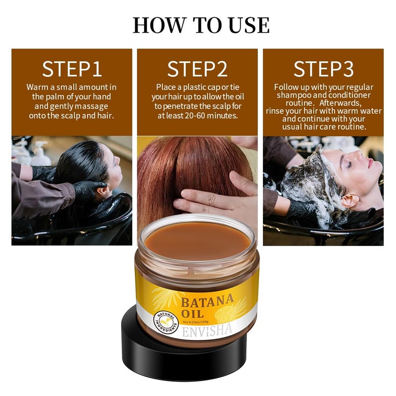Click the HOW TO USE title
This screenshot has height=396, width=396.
(x=201, y=25)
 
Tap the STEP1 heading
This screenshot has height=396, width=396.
(x=72, y=69)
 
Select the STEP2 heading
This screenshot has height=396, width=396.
(x=197, y=69)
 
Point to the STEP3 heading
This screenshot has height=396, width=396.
(x=324, y=69)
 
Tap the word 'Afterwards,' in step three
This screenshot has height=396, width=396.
(x=341, y=103)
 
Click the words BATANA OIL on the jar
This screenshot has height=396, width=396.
(x=206, y=306)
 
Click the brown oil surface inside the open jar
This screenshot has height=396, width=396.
(x=198, y=241)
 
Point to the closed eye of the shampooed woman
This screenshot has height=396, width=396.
(x=349, y=165)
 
